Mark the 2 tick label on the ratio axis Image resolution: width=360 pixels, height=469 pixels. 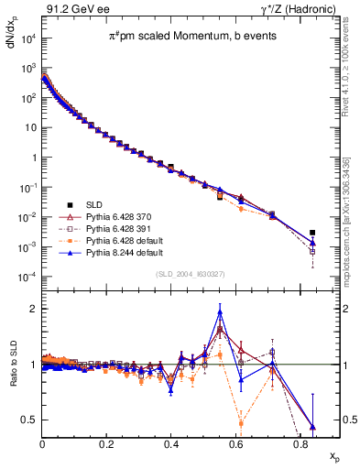pos(34,309)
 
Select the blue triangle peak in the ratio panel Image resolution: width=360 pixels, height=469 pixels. pos(220,312)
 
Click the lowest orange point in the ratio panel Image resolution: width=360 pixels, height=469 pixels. pos(241,423)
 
